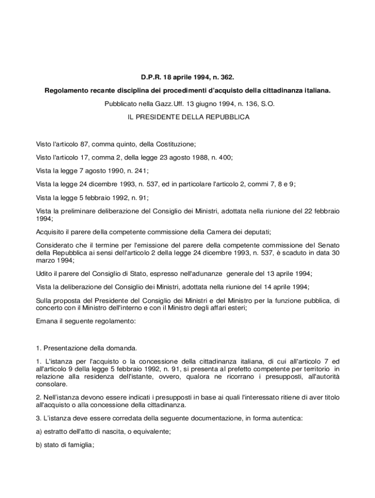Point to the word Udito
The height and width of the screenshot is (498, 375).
(x=45, y=273)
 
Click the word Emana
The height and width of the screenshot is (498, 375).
(x=47, y=321)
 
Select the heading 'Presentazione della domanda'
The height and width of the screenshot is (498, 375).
(x=91, y=348)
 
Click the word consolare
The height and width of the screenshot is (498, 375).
(x=52, y=384)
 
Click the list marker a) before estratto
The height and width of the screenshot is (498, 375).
(x=40, y=431)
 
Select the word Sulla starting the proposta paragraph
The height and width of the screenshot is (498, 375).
(x=45, y=301)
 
